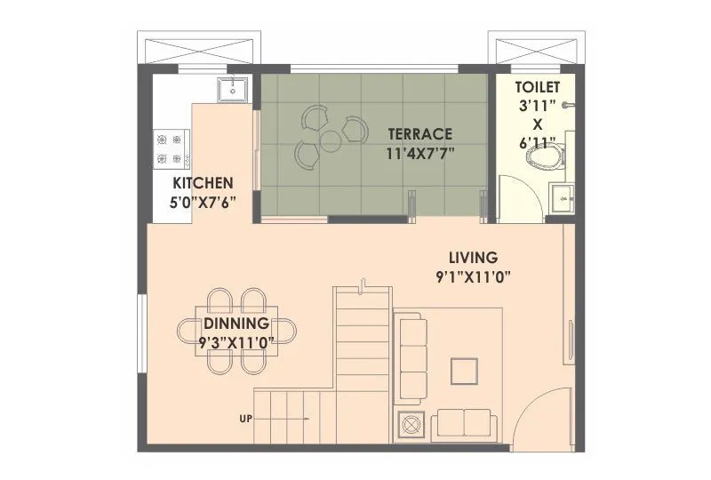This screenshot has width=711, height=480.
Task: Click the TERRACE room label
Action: click(419, 134)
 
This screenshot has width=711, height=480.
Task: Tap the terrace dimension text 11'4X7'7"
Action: click(419, 153)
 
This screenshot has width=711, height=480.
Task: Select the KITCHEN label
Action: click(203, 183)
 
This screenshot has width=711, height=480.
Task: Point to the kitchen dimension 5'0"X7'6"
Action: click(203, 202)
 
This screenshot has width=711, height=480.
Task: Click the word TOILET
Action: click(538, 87)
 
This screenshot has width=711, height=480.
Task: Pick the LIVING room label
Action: click(473, 258)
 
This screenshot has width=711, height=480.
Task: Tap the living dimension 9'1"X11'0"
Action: click(473, 276)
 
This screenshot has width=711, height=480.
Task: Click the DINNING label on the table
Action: click(236, 323)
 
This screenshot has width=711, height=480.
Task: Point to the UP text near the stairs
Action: click(246, 417)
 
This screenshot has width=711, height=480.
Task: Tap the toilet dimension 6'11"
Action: click(538, 141)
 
